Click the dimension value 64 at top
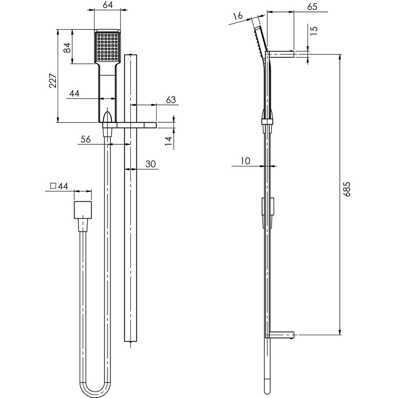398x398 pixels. pyautogui.click(x=106, y=6)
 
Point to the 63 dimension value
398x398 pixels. pyautogui.click(x=170, y=100)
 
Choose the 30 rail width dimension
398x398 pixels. pyautogui.click(x=151, y=164)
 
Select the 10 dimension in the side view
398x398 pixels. pyautogui.click(x=244, y=161)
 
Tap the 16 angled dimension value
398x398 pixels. pyautogui.click(x=237, y=16)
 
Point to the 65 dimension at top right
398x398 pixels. pyautogui.click(x=312, y=6)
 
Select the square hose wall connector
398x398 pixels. pyautogui.click(x=83, y=210)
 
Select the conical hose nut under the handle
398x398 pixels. pyautogui.click(x=107, y=119)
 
